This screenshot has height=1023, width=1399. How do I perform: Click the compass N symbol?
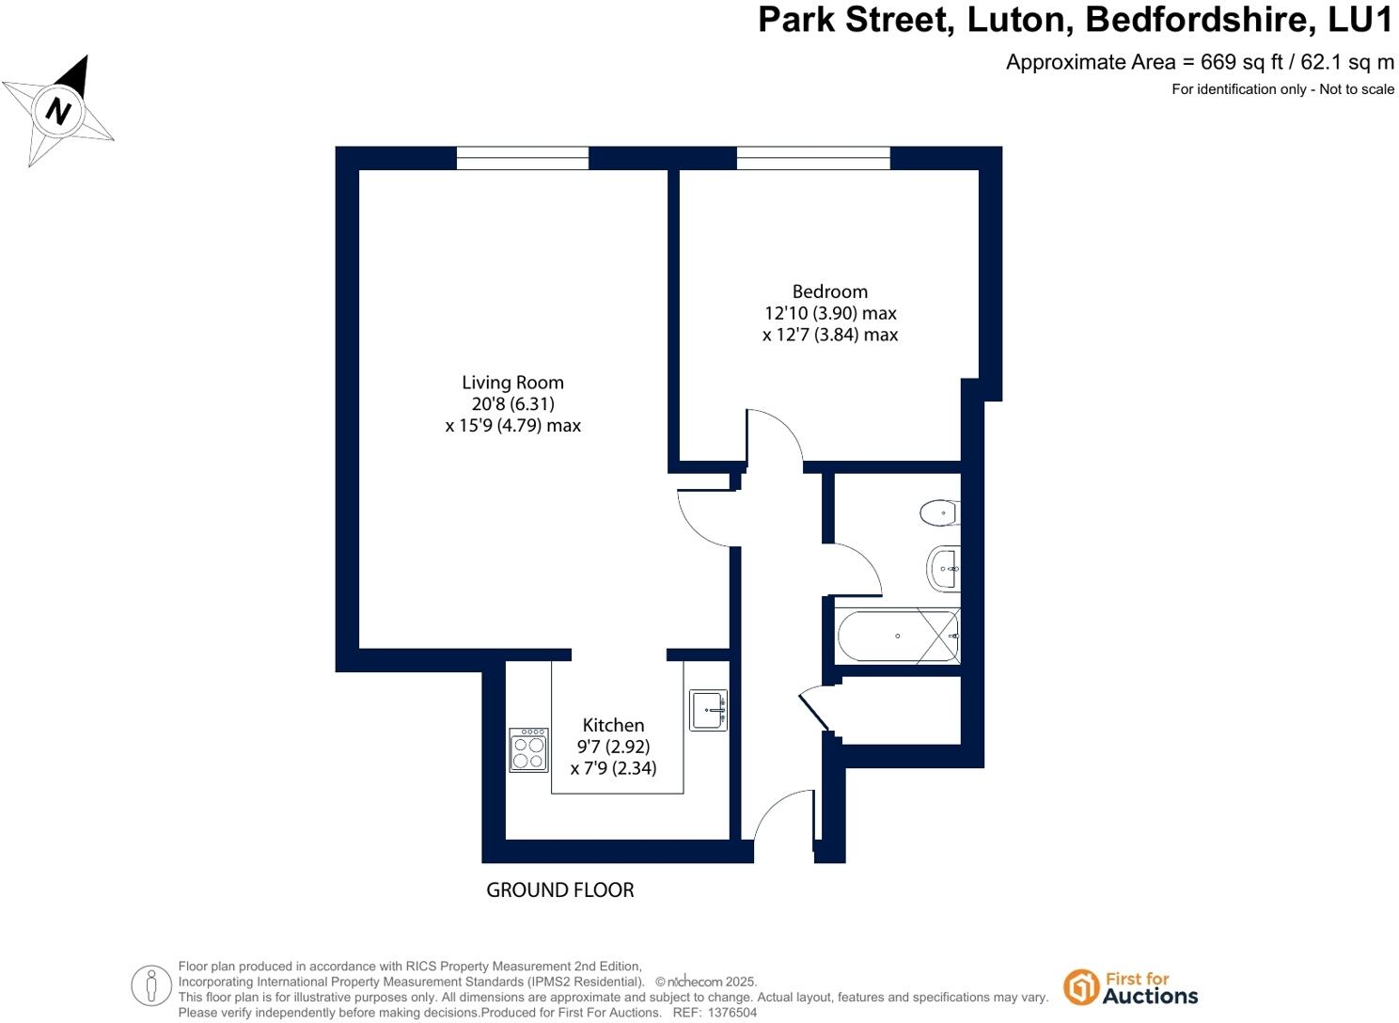60,111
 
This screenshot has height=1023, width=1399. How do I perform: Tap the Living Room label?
512,383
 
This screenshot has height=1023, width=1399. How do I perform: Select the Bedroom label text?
829,291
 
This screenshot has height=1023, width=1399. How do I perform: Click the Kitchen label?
613,725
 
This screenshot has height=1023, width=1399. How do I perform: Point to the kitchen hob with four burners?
528,750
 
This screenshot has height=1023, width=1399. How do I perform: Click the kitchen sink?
708,711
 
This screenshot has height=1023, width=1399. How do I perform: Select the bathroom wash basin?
943,568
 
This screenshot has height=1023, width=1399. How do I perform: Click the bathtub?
898,637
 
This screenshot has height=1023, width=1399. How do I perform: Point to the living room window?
522,158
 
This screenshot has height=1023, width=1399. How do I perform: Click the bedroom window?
813,158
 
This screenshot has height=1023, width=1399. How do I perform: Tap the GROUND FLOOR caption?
559,889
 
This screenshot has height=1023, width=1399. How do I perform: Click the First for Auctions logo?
1131,987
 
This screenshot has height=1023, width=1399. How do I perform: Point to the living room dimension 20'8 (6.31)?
512,404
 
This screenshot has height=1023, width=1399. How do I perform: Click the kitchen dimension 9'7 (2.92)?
613,747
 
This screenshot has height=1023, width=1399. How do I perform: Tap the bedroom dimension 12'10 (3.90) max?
830,313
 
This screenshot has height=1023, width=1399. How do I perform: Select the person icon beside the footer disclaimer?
151,985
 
